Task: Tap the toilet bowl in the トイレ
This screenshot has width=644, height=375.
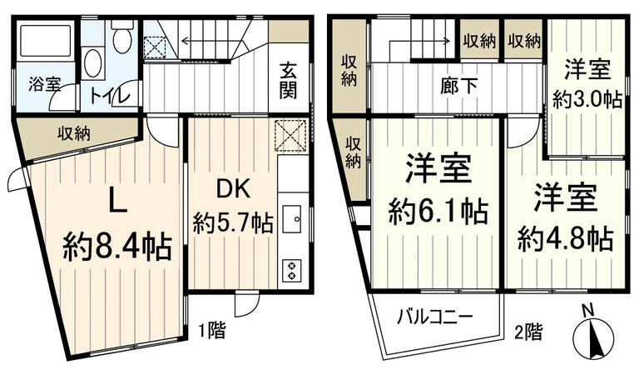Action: point(122,37)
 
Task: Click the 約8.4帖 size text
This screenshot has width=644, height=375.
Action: point(117,247)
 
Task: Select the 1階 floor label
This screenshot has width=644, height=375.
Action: point(212,330)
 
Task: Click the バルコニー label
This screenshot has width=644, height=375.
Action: point(433,317)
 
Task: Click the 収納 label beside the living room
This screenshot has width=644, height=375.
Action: point(75,133)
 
